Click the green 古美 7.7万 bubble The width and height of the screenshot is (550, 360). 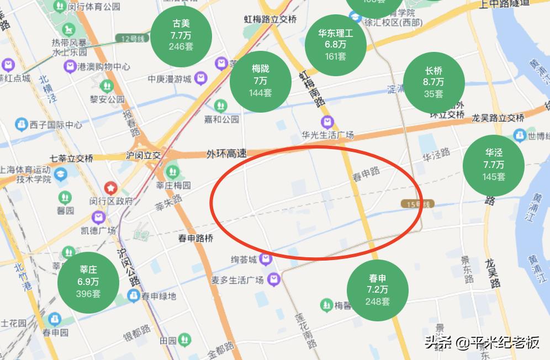pyautogui.click(x=181, y=35)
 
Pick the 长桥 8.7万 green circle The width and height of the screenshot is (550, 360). pyautogui.click(x=433, y=82)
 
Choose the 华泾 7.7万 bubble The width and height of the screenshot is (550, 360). pyautogui.click(x=494, y=165)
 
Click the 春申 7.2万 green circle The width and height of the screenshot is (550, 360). pyautogui.click(x=378, y=290)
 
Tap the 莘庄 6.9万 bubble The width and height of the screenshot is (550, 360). pyautogui.click(x=88, y=282)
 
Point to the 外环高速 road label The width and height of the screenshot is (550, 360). pyautogui.click(x=226, y=153)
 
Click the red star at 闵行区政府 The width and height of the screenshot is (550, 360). pyautogui.click(x=112, y=188)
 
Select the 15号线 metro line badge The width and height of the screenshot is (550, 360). pyautogui.click(x=417, y=205)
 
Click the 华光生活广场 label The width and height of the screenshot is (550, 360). pyautogui.click(x=327, y=135)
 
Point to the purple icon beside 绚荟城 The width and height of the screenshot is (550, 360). pyautogui.click(x=267, y=258)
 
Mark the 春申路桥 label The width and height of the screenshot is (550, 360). pyautogui.click(x=195, y=239)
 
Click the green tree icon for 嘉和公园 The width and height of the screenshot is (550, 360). pyautogui.click(x=221, y=105)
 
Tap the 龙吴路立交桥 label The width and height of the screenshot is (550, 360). pyautogui.click(x=498, y=118)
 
